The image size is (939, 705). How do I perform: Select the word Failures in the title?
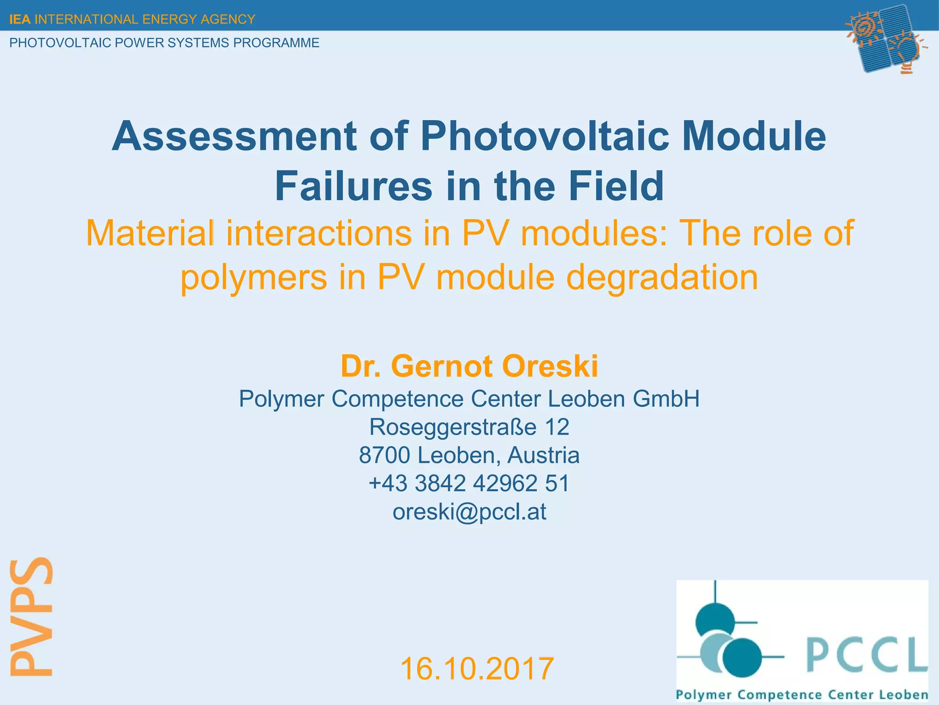[354, 186]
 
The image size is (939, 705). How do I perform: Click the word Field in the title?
[616, 186]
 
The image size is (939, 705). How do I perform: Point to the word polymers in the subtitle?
[254, 278]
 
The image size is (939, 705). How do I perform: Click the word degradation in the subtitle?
[662, 278]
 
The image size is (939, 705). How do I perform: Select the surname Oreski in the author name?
[550, 366]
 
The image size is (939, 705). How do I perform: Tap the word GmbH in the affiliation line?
[666, 398]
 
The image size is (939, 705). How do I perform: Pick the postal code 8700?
[384, 455]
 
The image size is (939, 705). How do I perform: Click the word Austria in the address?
[543, 455]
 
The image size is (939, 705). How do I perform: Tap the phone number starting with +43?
[469, 483]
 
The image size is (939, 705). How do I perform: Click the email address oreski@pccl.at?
[469, 511]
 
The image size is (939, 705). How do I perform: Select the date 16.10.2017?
[477, 668]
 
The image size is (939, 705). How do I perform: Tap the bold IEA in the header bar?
[20, 19]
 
